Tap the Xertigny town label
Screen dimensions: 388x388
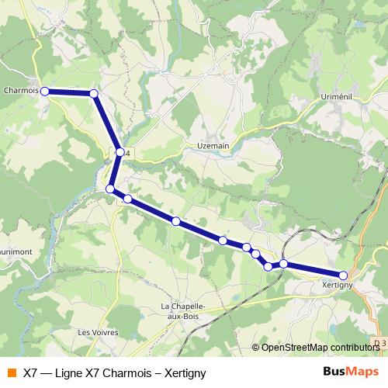tap(338, 286)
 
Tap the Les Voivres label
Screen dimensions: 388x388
tap(99, 331)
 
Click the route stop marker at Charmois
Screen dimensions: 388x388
tap(45, 91)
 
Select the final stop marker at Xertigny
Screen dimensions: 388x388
tap(343, 275)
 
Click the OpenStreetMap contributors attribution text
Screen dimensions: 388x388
tap(319, 347)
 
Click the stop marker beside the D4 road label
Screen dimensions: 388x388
tap(120, 152)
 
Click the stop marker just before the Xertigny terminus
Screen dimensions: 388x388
tap(284, 264)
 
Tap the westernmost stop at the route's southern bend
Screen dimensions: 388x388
tap(110, 189)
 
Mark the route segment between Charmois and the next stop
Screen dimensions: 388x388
tap(70, 92)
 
